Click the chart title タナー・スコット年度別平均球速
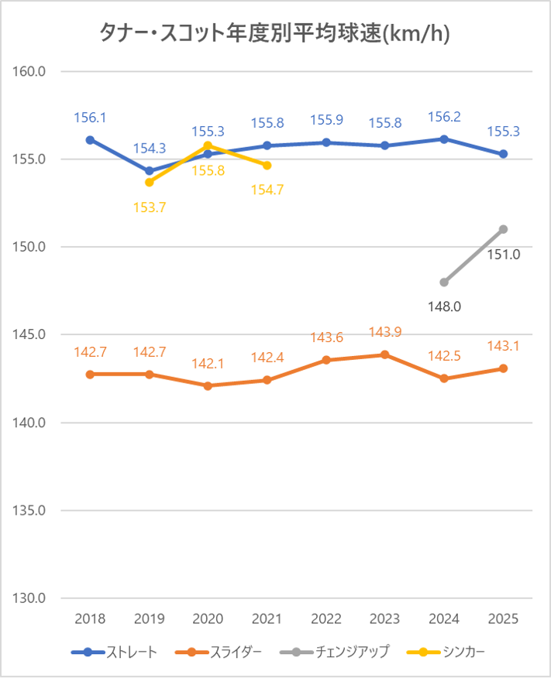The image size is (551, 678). pyautogui.click(x=275, y=33)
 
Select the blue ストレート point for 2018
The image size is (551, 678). pyautogui.click(x=90, y=140)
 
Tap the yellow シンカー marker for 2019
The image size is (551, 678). pyautogui.click(x=150, y=182)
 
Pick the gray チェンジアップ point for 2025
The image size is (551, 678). pyautogui.click(x=503, y=229)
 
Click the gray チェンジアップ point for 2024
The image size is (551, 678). pyautogui.click(x=444, y=282)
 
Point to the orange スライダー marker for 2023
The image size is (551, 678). pyautogui.click(x=385, y=354)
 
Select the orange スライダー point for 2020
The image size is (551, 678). pyautogui.click(x=208, y=385)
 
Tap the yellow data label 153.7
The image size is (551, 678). pyautogui.click(x=150, y=207)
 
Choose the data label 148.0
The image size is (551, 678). pyautogui.click(x=444, y=306)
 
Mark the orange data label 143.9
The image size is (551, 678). pyautogui.click(x=385, y=331)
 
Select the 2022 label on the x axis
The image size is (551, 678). pyautogui.click(x=326, y=619)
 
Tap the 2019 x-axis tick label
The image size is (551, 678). pyautogui.click(x=150, y=619)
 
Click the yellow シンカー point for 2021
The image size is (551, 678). pyautogui.click(x=267, y=165)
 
